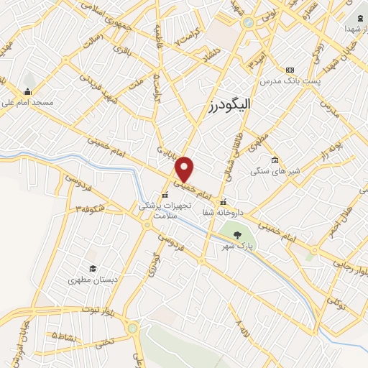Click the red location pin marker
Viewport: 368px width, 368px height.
[185, 168]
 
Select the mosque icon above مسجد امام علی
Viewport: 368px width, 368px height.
[27, 91]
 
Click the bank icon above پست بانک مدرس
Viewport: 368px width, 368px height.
[290, 70]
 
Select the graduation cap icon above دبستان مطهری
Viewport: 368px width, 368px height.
[91, 268]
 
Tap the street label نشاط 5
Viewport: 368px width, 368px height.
[64, 335]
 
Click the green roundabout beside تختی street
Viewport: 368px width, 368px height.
[132, 328]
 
